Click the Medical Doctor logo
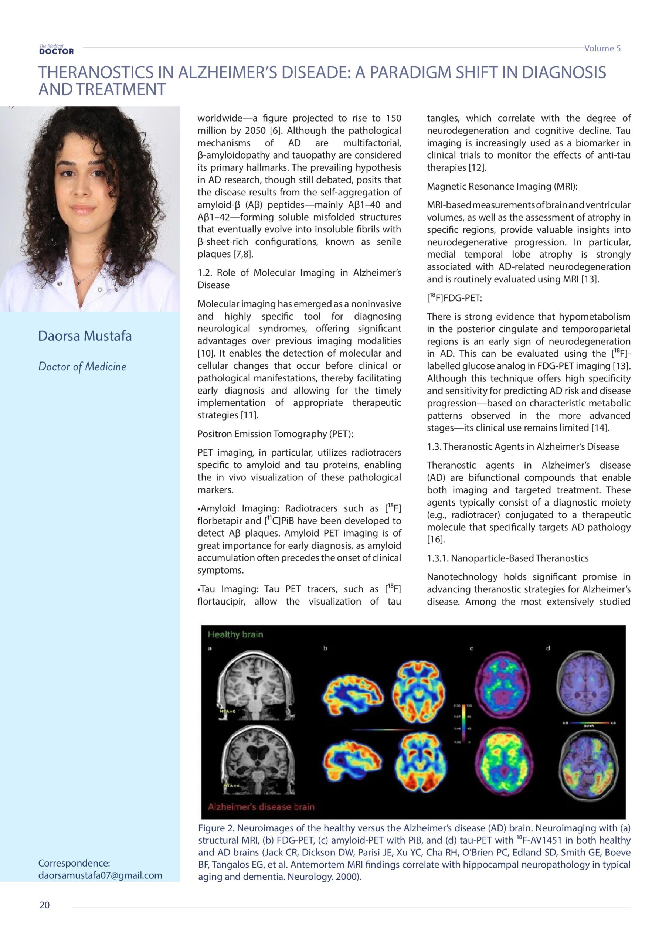[56, 50]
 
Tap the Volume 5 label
[602, 48]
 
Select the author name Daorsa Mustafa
[85, 336]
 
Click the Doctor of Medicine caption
[82, 366]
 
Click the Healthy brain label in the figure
[235, 634]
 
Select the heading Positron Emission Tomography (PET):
[275, 434]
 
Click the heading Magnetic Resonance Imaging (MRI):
[502, 186]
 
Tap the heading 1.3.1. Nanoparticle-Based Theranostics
[507, 558]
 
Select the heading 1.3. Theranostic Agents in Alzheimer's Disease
[523, 447]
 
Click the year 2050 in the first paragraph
[255, 130]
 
